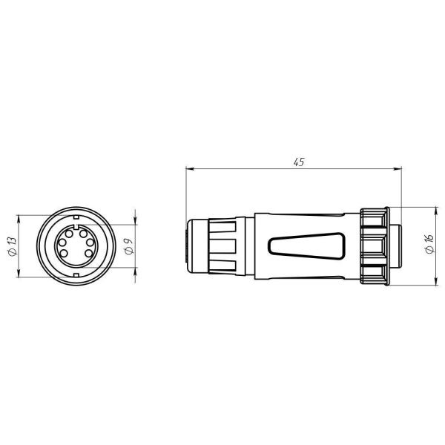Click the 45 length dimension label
[299, 162]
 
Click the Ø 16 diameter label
[429, 244]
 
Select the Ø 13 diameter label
[13, 246]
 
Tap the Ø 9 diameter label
[129, 246]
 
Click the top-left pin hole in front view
[69, 234]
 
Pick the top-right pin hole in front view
[83, 234]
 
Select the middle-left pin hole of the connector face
[62, 243]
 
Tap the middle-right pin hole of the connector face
[90, 243]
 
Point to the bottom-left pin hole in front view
[64, 253]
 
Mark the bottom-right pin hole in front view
[88, 253]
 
